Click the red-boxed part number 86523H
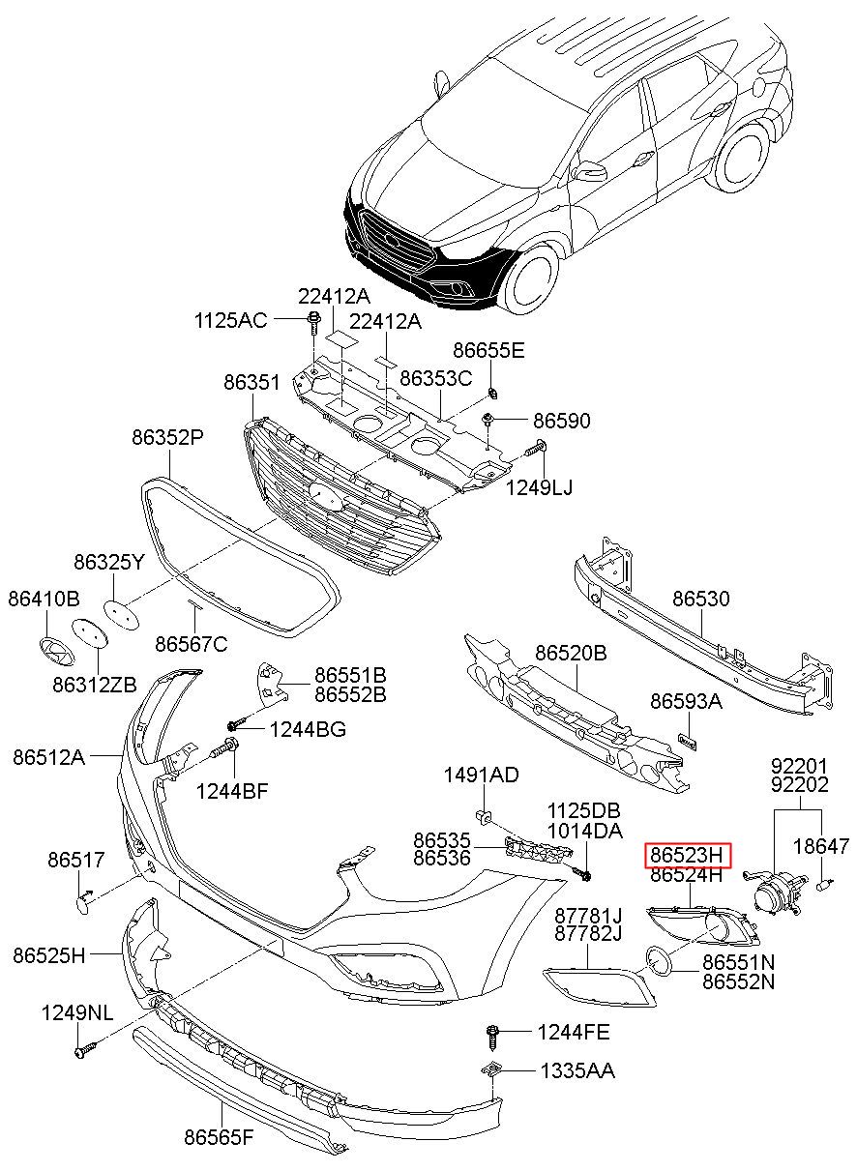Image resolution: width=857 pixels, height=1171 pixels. click(687, 855)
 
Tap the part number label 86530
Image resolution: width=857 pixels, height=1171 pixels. click(700, 598)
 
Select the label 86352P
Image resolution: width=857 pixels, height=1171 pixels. click(167, 436)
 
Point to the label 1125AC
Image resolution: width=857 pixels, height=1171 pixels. click(230, 320)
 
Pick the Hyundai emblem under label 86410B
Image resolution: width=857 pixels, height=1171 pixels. click(57, 651)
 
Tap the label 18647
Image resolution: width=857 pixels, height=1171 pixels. click(821, 846)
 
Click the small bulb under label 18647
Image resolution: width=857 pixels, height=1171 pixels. click(824, 884)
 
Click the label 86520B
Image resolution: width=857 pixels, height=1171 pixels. click(571, 653)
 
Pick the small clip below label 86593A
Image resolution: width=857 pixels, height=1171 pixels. click(688, 741)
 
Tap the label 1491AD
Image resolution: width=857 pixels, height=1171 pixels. click(481, 775)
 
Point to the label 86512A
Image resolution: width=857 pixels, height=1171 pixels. click(48, 756)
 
